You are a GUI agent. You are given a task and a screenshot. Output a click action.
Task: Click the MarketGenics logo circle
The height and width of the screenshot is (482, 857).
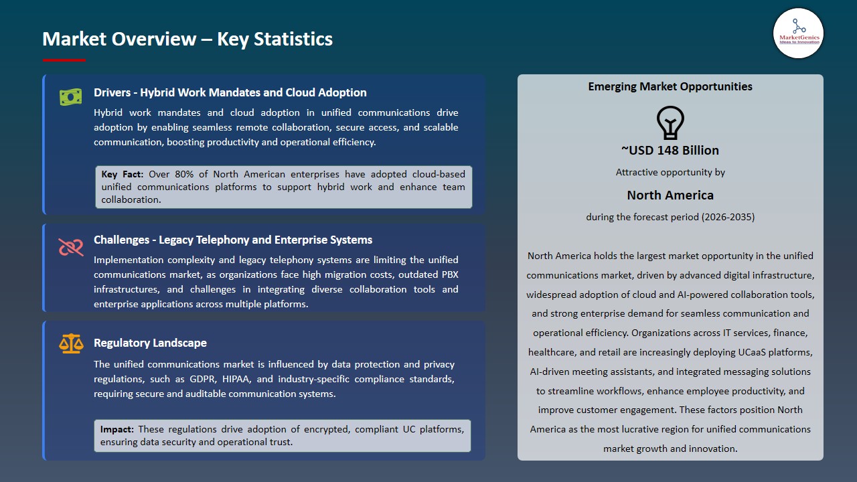tap(798, 33)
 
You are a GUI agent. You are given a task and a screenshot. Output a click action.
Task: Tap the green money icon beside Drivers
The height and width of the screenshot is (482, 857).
tap(70, 97)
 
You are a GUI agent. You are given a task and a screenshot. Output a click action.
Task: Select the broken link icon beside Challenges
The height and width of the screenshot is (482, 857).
tap(70, 247)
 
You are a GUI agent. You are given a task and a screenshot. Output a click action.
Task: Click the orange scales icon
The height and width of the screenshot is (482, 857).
tap(70, 344)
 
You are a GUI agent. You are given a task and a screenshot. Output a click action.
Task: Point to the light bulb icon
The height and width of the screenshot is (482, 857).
tap(670, 123)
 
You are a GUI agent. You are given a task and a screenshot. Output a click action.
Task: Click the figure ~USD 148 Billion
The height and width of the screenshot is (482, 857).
tap(670, 151)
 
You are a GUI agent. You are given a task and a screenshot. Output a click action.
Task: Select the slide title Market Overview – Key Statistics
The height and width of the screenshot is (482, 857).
tap(187, 39)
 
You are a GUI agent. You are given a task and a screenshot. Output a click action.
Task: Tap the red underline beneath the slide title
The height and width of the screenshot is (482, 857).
tap(64, 60)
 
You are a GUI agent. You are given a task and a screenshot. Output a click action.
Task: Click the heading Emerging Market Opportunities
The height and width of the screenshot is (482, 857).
tap(670, 86)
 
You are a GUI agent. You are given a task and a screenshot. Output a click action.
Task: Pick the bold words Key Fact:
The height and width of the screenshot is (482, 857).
tap(123, 174)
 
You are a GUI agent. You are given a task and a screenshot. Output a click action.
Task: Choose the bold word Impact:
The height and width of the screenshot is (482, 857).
tap(117, 429)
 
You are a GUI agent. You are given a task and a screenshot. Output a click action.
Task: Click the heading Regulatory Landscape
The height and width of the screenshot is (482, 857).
tap(150, 343)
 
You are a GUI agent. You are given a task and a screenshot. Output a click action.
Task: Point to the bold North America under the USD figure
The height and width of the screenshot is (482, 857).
tap(670, 195)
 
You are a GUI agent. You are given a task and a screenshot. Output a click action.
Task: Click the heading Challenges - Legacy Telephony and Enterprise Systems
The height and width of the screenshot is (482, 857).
tap(233, 240)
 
